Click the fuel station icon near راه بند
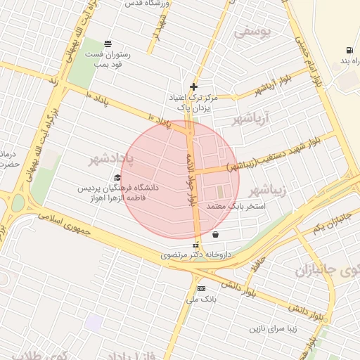[x=349, y=50]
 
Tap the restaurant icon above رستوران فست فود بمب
[x=108, y=43]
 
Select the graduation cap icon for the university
[x=117, y=178]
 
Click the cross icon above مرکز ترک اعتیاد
[x=193, y=86]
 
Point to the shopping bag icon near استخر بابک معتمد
[x=214, y=234]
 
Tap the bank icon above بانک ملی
[x=201, y=288]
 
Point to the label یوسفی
[x=252, y=32]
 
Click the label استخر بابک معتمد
[x=236, y=207]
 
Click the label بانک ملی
[x=199, y=300]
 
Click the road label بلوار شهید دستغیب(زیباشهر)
[x=278, y=155]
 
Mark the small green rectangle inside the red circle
[x=220, y=191]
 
